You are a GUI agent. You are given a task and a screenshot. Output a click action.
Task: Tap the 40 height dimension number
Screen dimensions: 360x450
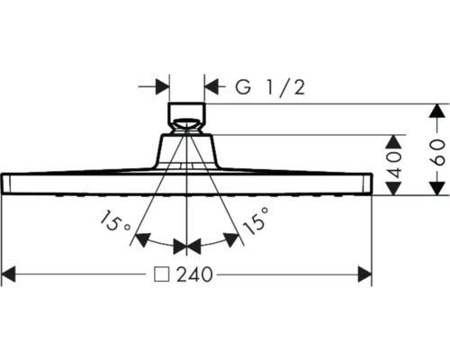[394, 163]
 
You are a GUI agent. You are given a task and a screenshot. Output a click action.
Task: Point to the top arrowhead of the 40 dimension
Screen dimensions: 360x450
[393, 142]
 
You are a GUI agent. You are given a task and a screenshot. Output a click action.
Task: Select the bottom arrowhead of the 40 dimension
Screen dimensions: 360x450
[393, 186]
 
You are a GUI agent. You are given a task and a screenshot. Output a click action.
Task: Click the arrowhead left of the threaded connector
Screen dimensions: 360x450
[162, 87]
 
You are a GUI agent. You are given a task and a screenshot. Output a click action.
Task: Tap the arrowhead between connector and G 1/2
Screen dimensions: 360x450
[212, 87]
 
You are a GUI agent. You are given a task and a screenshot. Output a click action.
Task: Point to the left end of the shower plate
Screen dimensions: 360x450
[7, 182]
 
